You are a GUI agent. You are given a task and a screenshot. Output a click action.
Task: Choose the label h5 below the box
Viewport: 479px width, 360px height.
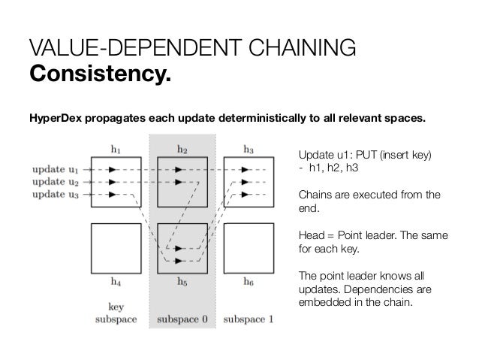(182, 284)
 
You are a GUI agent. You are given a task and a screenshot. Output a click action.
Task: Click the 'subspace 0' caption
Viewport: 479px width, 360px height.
(182, 319)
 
